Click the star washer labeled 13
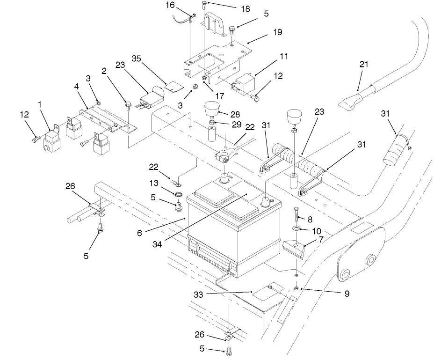[x=178, y=194]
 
